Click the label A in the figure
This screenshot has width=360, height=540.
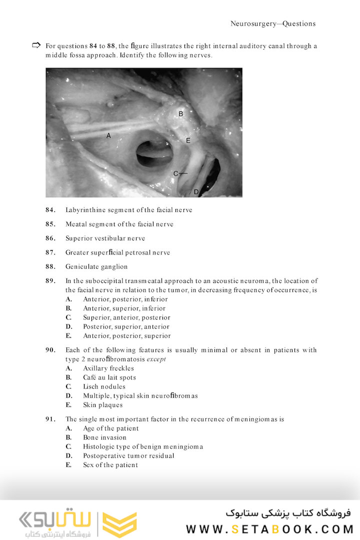point(108,135)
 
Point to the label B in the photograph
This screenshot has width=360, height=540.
point(180,114)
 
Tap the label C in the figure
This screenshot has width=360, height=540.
point(176,173)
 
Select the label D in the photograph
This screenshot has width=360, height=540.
point(196,191)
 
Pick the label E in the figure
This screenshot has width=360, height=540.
point(188,141)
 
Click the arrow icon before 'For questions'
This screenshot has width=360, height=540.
point(36,45)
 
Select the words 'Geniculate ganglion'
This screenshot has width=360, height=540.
point(96,266)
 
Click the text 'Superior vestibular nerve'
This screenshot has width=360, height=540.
point(105,238)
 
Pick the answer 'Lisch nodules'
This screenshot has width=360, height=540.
point(104,386)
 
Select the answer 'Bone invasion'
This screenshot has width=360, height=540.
point(104,437)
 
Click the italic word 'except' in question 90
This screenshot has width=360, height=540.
point(156,359)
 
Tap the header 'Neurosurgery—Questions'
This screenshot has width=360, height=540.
point(273,23)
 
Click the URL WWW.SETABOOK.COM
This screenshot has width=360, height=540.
point(269,529)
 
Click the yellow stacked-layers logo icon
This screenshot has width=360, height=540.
point(119,524)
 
